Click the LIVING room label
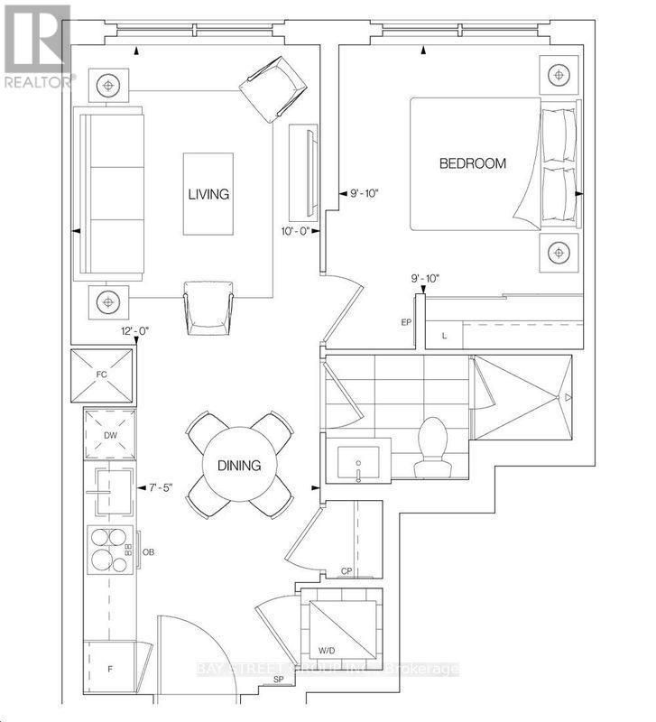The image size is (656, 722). [208, 194]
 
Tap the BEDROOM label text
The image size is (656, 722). [472, 163]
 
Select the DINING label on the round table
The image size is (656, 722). [238, 466]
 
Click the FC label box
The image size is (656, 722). [102, 374]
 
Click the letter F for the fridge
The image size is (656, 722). [110, 669]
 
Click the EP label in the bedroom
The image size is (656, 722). [407, 322]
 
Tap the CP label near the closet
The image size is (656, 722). [346, 570]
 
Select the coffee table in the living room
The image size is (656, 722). [208, 194]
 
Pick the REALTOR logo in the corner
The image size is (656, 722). [37, 45]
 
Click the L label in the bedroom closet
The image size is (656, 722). [444, 335]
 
